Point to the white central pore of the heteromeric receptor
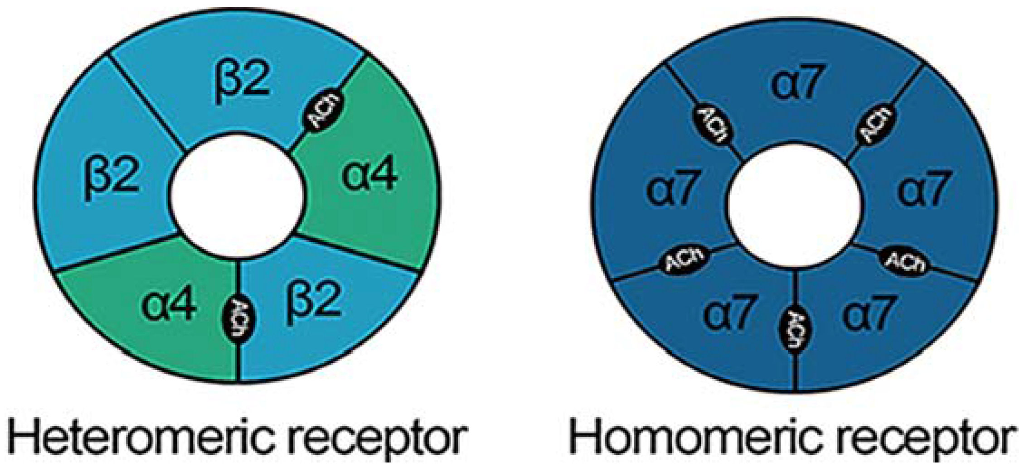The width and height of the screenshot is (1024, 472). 236,196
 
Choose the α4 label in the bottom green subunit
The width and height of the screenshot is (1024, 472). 169,304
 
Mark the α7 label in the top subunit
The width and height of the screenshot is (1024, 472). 796,84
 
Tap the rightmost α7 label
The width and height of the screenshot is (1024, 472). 922,188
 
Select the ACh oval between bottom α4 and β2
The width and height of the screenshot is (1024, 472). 238,317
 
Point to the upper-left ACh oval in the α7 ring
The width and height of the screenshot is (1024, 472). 713,124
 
